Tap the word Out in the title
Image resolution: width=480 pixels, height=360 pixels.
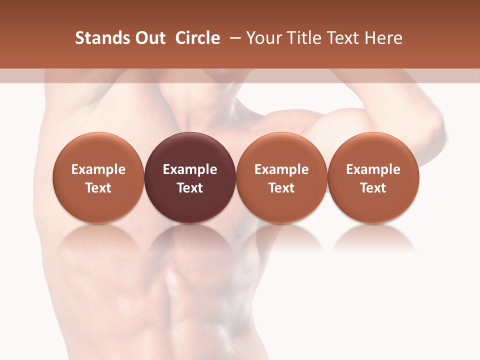(x=148, y=38)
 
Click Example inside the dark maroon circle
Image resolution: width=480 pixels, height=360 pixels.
(x=190, y=169)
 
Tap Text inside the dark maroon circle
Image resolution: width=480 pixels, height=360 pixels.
(x=190, y=188)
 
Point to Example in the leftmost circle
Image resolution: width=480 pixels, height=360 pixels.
(x=98, y=169)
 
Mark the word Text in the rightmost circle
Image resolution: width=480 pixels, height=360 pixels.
(x=373, y=188)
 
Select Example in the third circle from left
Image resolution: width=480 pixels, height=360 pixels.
(x=281, y=169)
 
